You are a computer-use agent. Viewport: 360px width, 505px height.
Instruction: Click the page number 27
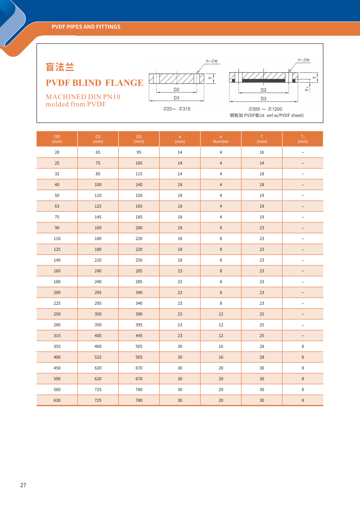23,485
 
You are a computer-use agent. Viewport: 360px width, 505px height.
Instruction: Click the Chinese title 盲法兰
60,67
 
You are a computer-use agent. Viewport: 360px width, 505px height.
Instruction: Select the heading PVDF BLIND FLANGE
94,83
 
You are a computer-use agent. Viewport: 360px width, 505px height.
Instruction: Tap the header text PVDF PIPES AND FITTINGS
86,27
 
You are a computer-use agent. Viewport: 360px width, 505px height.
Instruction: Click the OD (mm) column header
57,139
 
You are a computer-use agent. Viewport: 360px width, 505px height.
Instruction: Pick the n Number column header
221,139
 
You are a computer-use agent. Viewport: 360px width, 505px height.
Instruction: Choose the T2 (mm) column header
303,139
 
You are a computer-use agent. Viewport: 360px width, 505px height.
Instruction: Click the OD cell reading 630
57,400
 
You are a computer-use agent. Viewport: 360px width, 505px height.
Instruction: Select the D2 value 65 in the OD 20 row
98,152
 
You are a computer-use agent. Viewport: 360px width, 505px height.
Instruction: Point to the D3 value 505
139,346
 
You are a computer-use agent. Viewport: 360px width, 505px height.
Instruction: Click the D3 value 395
139,325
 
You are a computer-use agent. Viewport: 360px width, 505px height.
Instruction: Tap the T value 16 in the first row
262,152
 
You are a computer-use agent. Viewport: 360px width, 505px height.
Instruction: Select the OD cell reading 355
57,346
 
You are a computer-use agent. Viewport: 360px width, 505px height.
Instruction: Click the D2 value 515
98,357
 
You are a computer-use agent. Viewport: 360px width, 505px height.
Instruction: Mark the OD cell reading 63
57,206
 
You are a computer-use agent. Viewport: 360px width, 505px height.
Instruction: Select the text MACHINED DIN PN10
83,97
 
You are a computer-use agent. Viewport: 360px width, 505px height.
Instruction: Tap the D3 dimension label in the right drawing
263,98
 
